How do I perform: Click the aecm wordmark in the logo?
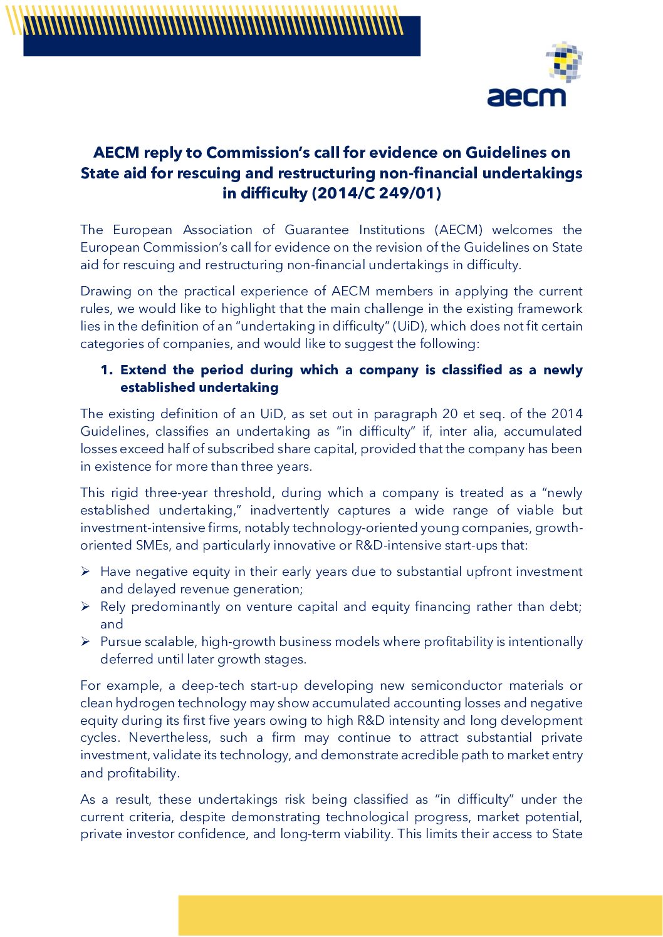point(526,97)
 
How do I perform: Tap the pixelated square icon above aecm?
point(564,62)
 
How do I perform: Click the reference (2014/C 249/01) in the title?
point(376,193)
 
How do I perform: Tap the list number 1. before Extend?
point(107,370)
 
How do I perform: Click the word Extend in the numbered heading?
point(144,370)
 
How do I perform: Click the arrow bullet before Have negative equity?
point(86,571)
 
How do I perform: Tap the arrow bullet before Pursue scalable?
point(86,642)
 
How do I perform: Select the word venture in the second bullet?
point(268,607)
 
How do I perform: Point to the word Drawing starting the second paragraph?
point(103,291)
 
